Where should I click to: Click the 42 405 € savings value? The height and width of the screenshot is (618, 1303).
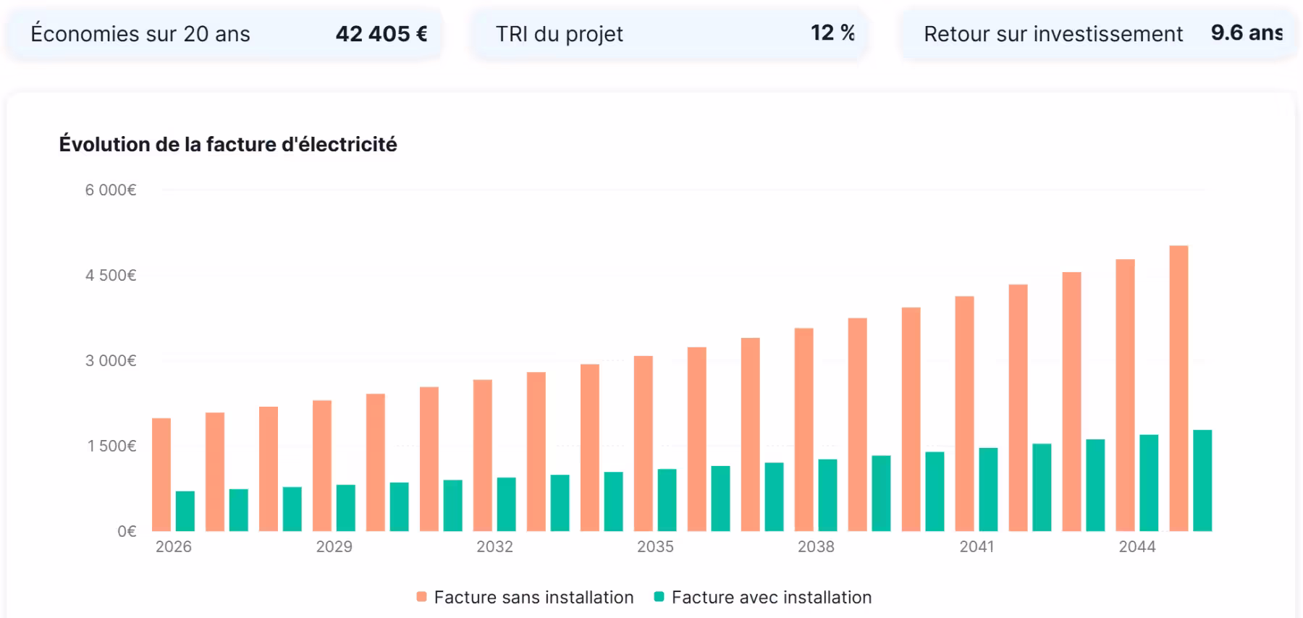381,34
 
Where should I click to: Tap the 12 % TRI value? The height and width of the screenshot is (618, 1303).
832,33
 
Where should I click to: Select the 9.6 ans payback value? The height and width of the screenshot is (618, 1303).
1246,33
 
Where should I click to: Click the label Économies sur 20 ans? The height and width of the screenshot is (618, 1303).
140,34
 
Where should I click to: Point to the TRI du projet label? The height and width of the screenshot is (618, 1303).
559,34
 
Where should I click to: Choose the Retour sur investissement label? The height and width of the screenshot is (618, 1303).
1053,34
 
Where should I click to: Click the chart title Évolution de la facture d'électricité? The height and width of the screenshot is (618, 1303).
228,145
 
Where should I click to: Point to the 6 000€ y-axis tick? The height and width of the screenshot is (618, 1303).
111,190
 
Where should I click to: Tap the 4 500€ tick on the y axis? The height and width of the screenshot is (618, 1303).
111,276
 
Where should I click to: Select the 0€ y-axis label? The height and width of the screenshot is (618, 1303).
127,532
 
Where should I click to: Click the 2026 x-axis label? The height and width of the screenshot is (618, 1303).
174,547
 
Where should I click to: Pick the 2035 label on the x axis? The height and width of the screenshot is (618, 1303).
655,547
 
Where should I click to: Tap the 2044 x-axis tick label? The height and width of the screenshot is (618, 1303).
1137,547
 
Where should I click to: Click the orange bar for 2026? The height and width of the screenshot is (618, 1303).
161,475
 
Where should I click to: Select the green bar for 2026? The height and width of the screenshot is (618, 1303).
185,512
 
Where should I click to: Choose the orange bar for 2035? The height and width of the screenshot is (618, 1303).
644,444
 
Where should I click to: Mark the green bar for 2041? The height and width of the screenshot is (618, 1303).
988,490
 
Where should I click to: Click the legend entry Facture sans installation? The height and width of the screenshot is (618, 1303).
526,598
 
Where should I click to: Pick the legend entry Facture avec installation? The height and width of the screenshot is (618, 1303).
763,598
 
